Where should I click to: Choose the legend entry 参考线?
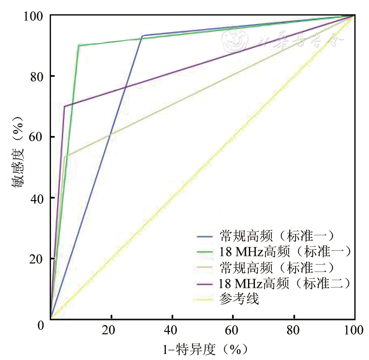239,299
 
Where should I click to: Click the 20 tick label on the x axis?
111,330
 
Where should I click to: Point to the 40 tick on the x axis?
172,330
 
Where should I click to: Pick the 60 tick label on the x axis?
233,330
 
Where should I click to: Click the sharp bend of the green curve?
79,45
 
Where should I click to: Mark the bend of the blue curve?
143,35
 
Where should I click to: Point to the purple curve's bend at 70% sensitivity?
64,106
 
